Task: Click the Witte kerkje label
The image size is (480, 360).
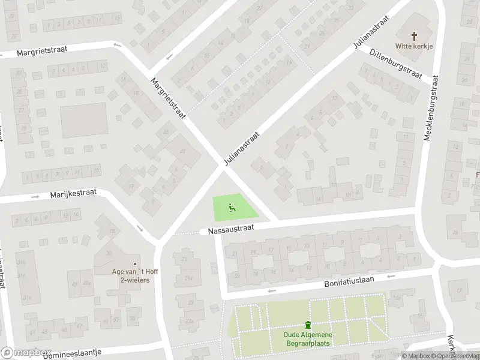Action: click(x=414, y=46)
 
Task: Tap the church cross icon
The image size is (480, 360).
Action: click(x=414, y=36)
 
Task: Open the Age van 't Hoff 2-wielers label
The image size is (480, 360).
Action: click(x=134, y=275)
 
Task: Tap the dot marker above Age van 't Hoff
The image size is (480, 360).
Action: click(x=134, y=263)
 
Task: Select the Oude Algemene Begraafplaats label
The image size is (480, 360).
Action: click(x=308, y=338)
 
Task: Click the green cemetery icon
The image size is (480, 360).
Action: click(x=308, y=325)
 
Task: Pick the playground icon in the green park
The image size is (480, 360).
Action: click(x=232, y=208)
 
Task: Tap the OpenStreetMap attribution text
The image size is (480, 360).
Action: click(x=456, y=355)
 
